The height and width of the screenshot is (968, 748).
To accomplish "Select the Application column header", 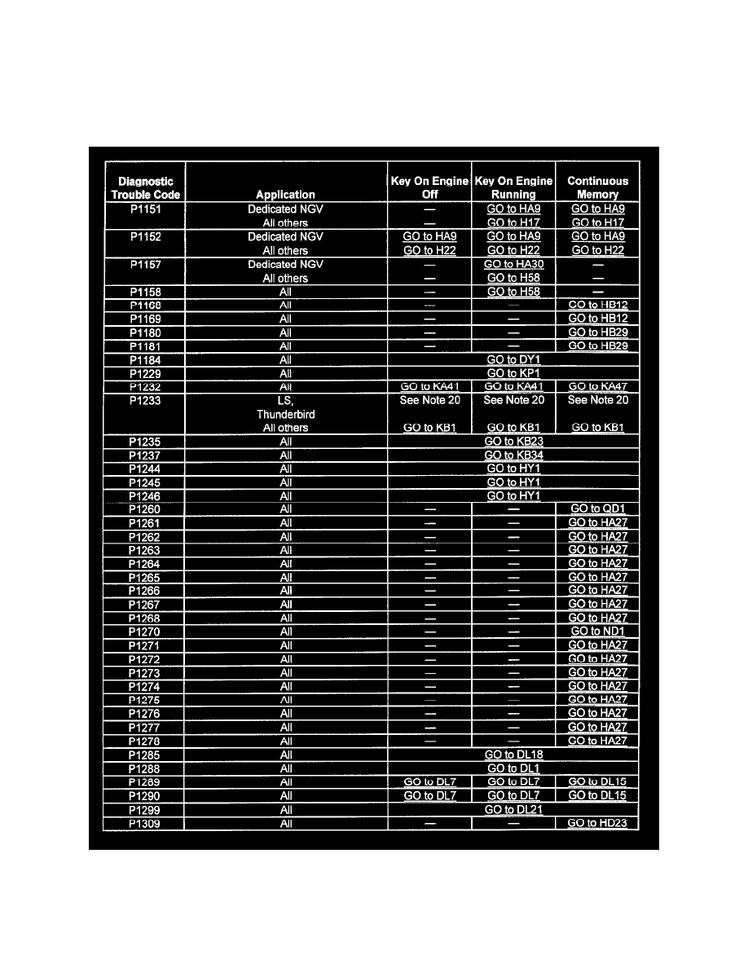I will [x=285, y=195].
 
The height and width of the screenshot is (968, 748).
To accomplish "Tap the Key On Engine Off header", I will [x=429, y=187].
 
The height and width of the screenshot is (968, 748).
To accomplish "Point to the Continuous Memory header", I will [x=597, y=187].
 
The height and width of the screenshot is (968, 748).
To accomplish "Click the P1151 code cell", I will [x=144, y=209].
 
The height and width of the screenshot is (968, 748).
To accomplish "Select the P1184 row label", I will [x=144, y=359].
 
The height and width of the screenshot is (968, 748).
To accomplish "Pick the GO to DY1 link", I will [x=513, y=359].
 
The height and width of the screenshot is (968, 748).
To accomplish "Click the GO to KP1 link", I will [x=513, y=373].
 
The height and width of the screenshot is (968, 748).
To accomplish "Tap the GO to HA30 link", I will [x=513, y=264].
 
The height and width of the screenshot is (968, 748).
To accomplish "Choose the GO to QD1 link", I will [x=597, y=509].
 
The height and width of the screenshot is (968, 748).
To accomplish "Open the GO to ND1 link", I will [x=597, y=631].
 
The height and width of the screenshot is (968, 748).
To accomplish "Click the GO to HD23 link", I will [x=597, y=824].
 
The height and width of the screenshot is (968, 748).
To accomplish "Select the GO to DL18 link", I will [x=513, y=755].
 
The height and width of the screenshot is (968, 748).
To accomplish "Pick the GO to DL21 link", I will [x=513, y=810].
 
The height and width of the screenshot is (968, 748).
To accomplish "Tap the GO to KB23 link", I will [x=513, y=442].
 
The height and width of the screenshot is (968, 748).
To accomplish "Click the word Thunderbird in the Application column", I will [x=285, y=414].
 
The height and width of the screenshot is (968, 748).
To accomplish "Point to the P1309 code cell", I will [x=144, y=824].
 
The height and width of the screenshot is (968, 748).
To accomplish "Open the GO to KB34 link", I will [x=513, y=455].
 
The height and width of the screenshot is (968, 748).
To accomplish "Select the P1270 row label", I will [x=144, y=631].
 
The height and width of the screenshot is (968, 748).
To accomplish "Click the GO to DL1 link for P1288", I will [x=513, y=768].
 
